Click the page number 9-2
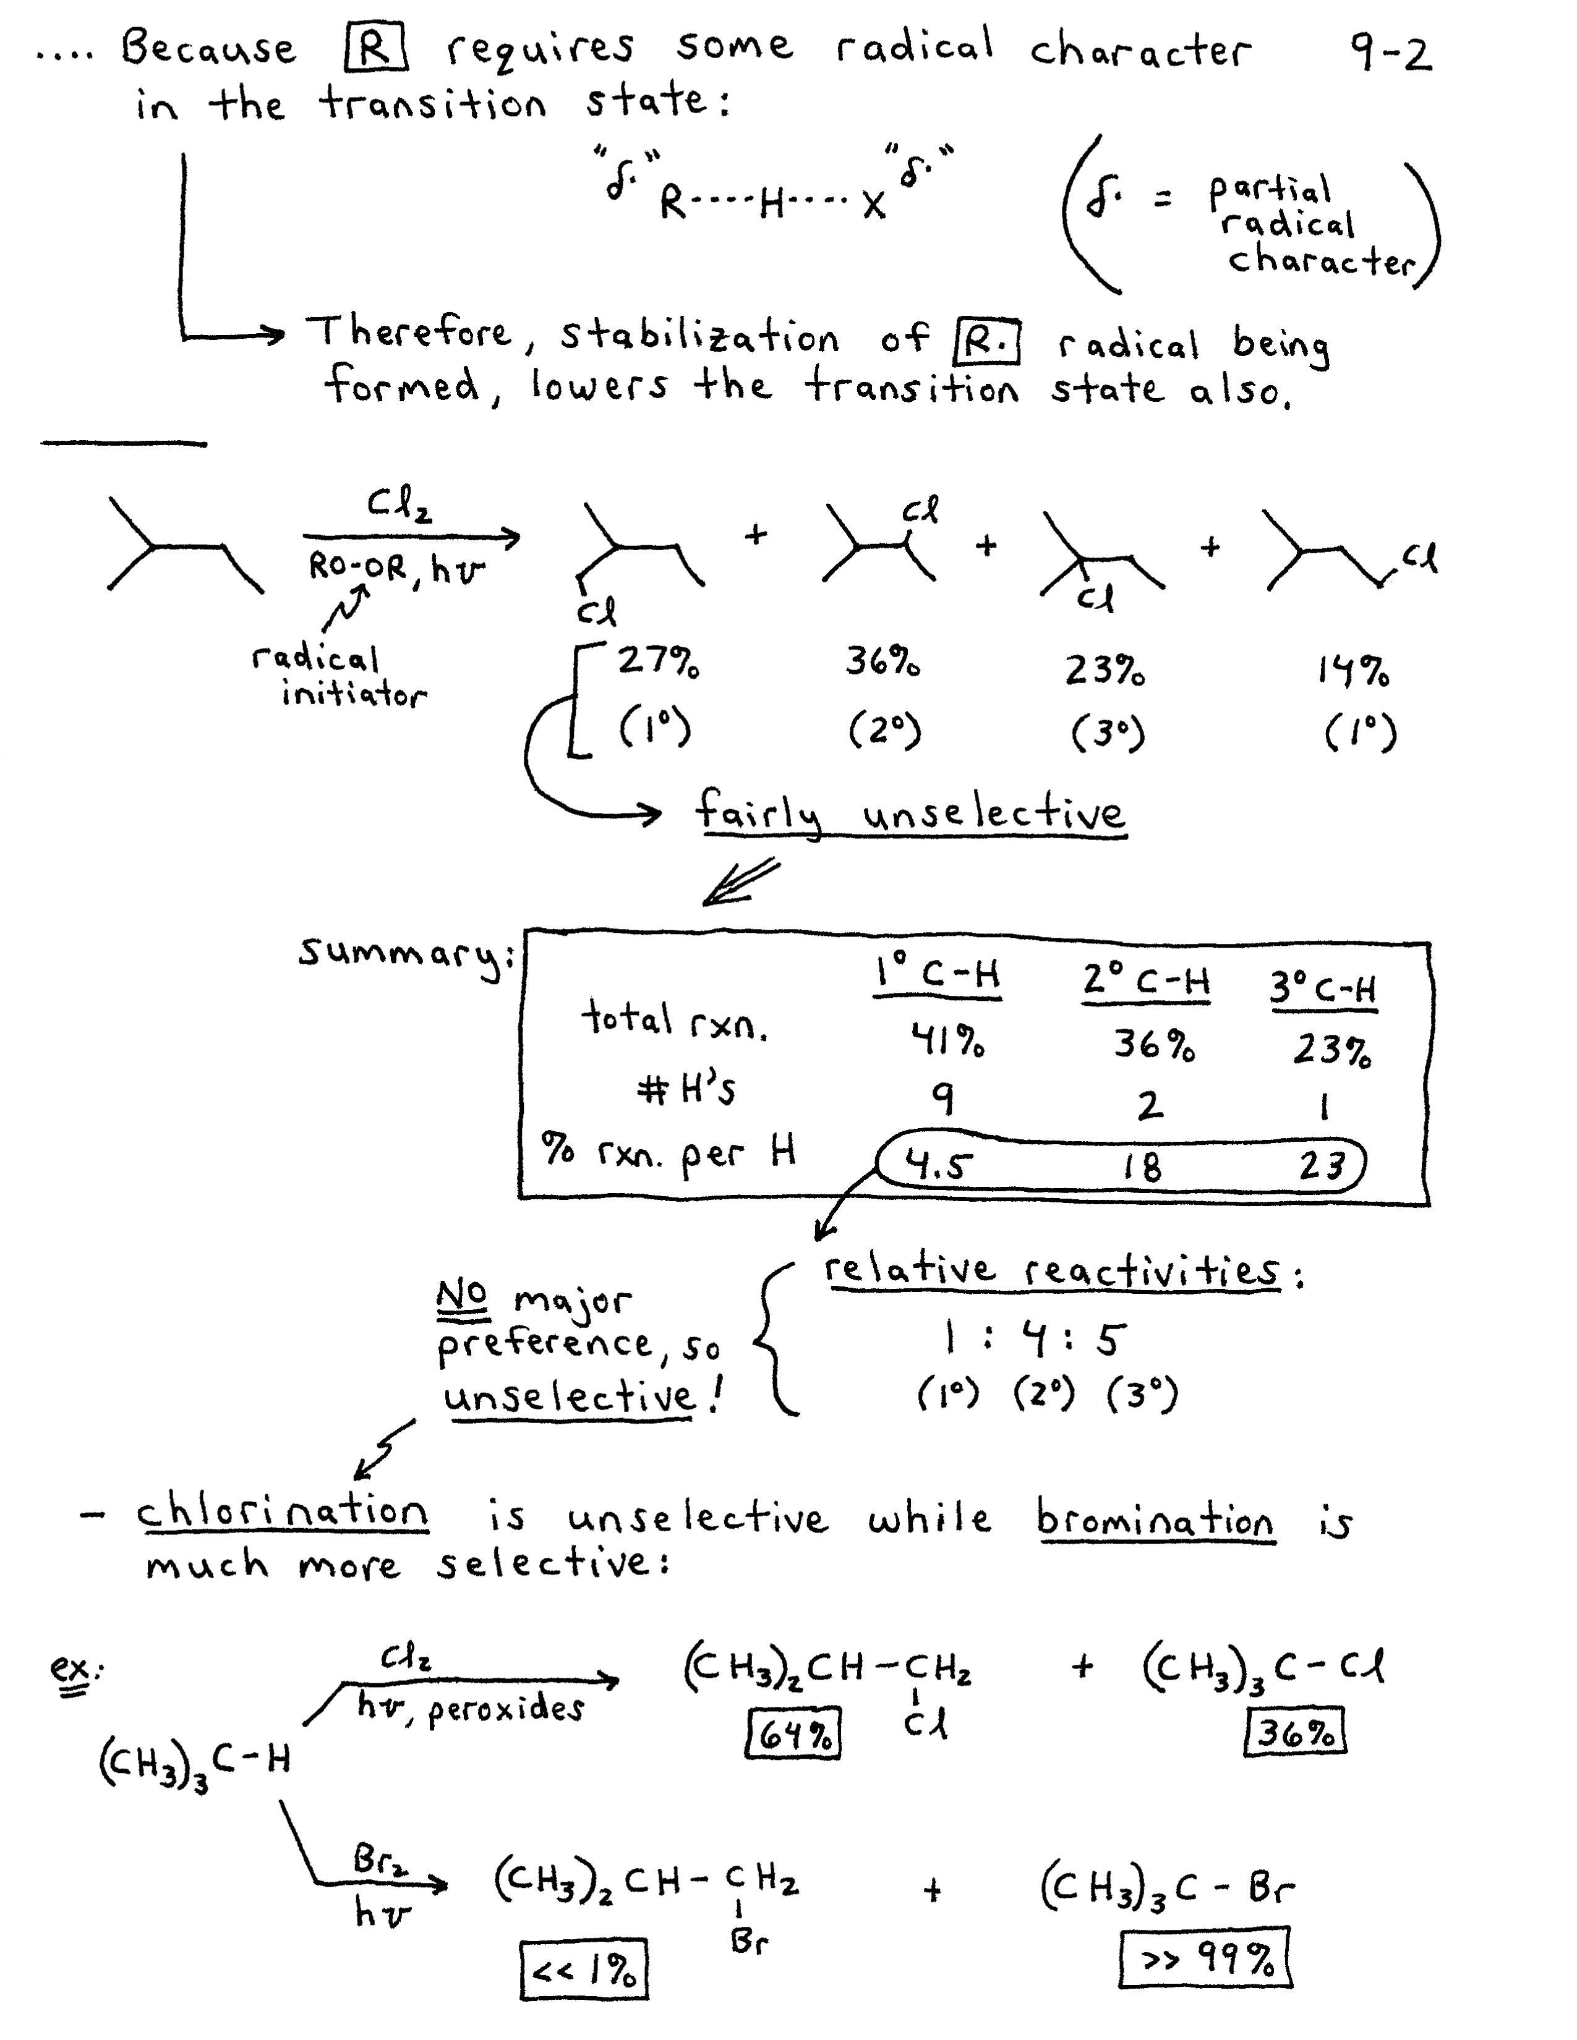1389,53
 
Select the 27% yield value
658,662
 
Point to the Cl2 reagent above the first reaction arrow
399,507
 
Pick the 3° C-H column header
1322,987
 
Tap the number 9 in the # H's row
944,1099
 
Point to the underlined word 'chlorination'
282,1511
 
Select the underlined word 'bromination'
1156,1519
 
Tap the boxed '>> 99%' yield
1205,1956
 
